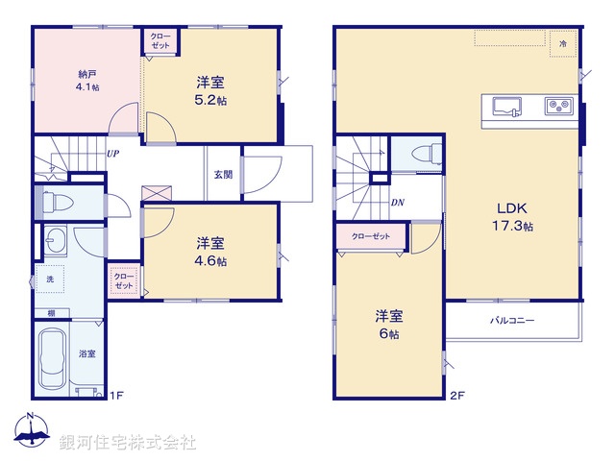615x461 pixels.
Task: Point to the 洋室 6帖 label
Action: (x=389, y=325)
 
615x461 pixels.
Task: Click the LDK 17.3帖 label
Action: (x=514, y=217)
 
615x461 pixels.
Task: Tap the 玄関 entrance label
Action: (x=223, y=175)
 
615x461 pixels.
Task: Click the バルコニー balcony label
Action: (x=512, y=320)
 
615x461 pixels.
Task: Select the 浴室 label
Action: (x=86, y=354)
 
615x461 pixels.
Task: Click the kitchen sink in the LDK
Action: (x=507, y=105)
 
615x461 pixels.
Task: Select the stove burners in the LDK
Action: (x=558, y=105)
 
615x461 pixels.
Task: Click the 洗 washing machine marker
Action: (x=50, y=279)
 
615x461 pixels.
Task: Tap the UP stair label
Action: (x=113, y=154)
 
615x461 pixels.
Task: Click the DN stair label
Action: (x=398, y=203)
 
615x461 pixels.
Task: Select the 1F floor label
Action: (x=115, y=395)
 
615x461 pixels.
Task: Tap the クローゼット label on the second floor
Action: (x=370, y=235)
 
